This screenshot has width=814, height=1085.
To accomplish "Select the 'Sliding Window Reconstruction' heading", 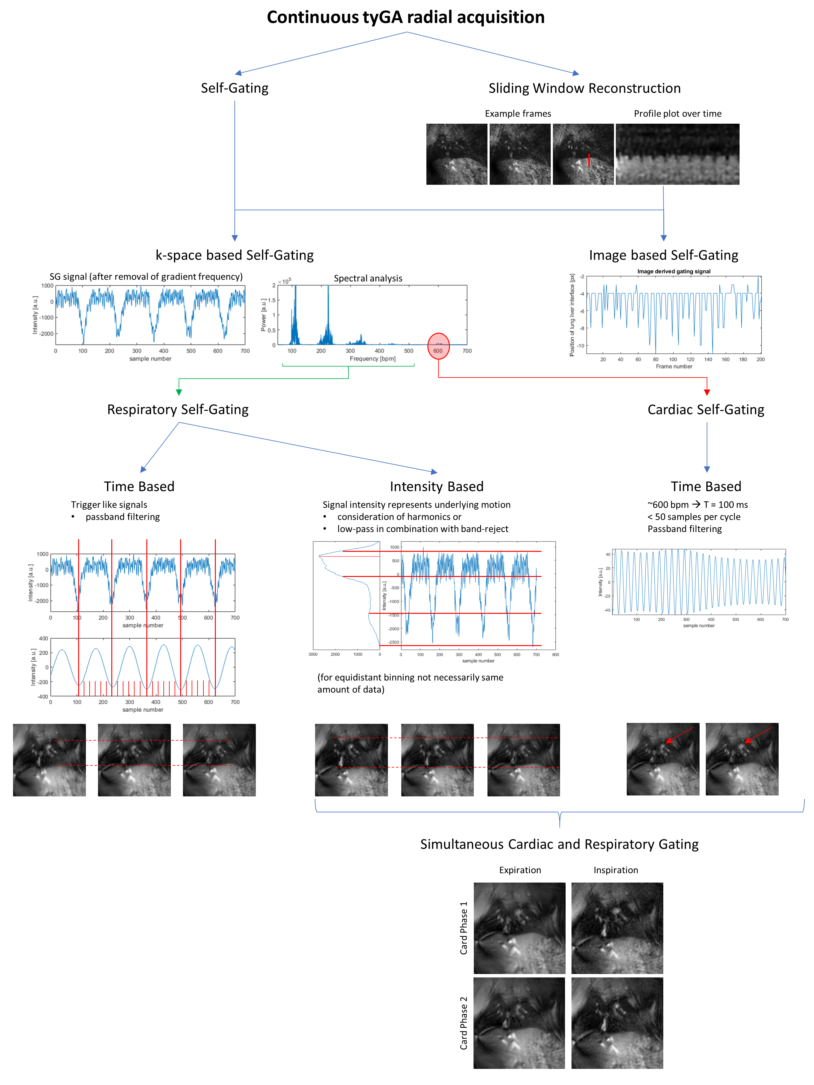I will click(584, 88).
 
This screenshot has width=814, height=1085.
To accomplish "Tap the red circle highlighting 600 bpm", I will click(438, 346).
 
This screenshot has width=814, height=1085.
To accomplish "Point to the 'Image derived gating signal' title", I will click(673, 271).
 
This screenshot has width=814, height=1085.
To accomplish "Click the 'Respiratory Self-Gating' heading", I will click(178, 410).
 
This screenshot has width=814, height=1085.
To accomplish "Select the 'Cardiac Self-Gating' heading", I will click(705, 410).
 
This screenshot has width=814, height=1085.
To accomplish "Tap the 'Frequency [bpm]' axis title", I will click(372, 359).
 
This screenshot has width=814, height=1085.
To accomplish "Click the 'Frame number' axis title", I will click(674, 366).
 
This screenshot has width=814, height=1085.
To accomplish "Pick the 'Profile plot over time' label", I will click(677, 114).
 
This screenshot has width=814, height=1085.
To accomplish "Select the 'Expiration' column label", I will click(520, 870).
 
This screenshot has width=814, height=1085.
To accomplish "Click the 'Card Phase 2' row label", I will click(463, 1023).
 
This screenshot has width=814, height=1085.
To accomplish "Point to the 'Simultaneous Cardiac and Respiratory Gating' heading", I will click(559, 844).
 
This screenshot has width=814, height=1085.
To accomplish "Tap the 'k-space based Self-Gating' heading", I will click(234, 255).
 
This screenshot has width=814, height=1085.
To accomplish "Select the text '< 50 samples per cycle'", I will click(693, 516).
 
